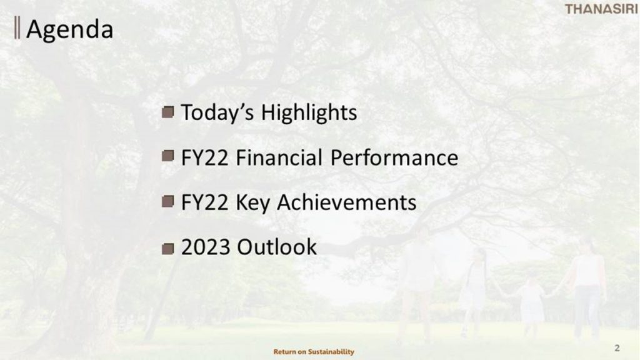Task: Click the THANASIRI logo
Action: pyautogui.click(x=601, y=9)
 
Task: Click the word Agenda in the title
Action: pyautogui.click(x=70, y=30)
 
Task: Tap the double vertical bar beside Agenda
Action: pyautogui.click(x=17, y=27)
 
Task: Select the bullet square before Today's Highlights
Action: pyautogui.click(x=167, y=112)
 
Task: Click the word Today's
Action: pyautogui.click(x=217, y=112)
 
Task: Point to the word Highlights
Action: pyautogui.click(x=309, y=112)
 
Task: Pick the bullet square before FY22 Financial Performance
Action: pyautogui.click(x=167, y=156)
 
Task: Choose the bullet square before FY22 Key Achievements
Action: pyautogui.click(x=167, y=201)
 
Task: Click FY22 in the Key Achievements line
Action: pyautogui.click(x=204, y=202)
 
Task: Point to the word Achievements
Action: pyautogui.click(x=347, y=202)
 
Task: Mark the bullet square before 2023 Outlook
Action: pyautogui.click(x=167, y=249)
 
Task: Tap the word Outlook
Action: pyautogui.click(x=277, y=247)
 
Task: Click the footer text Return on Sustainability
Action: pyautogui.click(x=314, y=351)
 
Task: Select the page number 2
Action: pyautogui.click(x=617, y=347)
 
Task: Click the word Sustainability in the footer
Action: pyautogui.click(x=331, y=351)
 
